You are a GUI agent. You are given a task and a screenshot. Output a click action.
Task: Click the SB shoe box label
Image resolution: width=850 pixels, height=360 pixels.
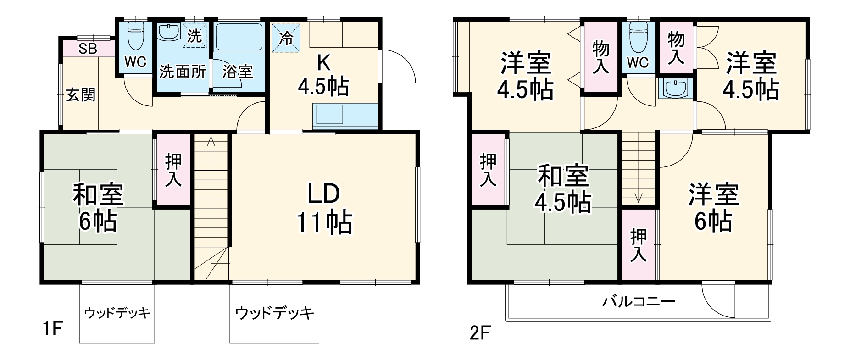[x=88, y=49]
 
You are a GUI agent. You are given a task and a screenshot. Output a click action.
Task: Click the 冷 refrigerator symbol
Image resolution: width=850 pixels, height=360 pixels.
[x=286, y=36]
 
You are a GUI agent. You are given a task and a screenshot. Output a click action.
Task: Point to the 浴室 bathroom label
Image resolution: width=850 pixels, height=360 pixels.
[x=238, y=72]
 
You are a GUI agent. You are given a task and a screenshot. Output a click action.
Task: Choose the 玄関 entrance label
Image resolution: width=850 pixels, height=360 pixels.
[x=81, y=95]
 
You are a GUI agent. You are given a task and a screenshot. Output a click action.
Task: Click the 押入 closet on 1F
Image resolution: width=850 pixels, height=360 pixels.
[x=173, y=170]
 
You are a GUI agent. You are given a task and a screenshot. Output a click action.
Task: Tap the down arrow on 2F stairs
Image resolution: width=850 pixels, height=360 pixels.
[x=639, y=198]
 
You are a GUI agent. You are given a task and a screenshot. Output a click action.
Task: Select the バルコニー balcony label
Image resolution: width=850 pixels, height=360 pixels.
[x=639, y=302]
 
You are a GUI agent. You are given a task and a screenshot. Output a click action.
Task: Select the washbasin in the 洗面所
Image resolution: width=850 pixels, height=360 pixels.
[x=168, y=32]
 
